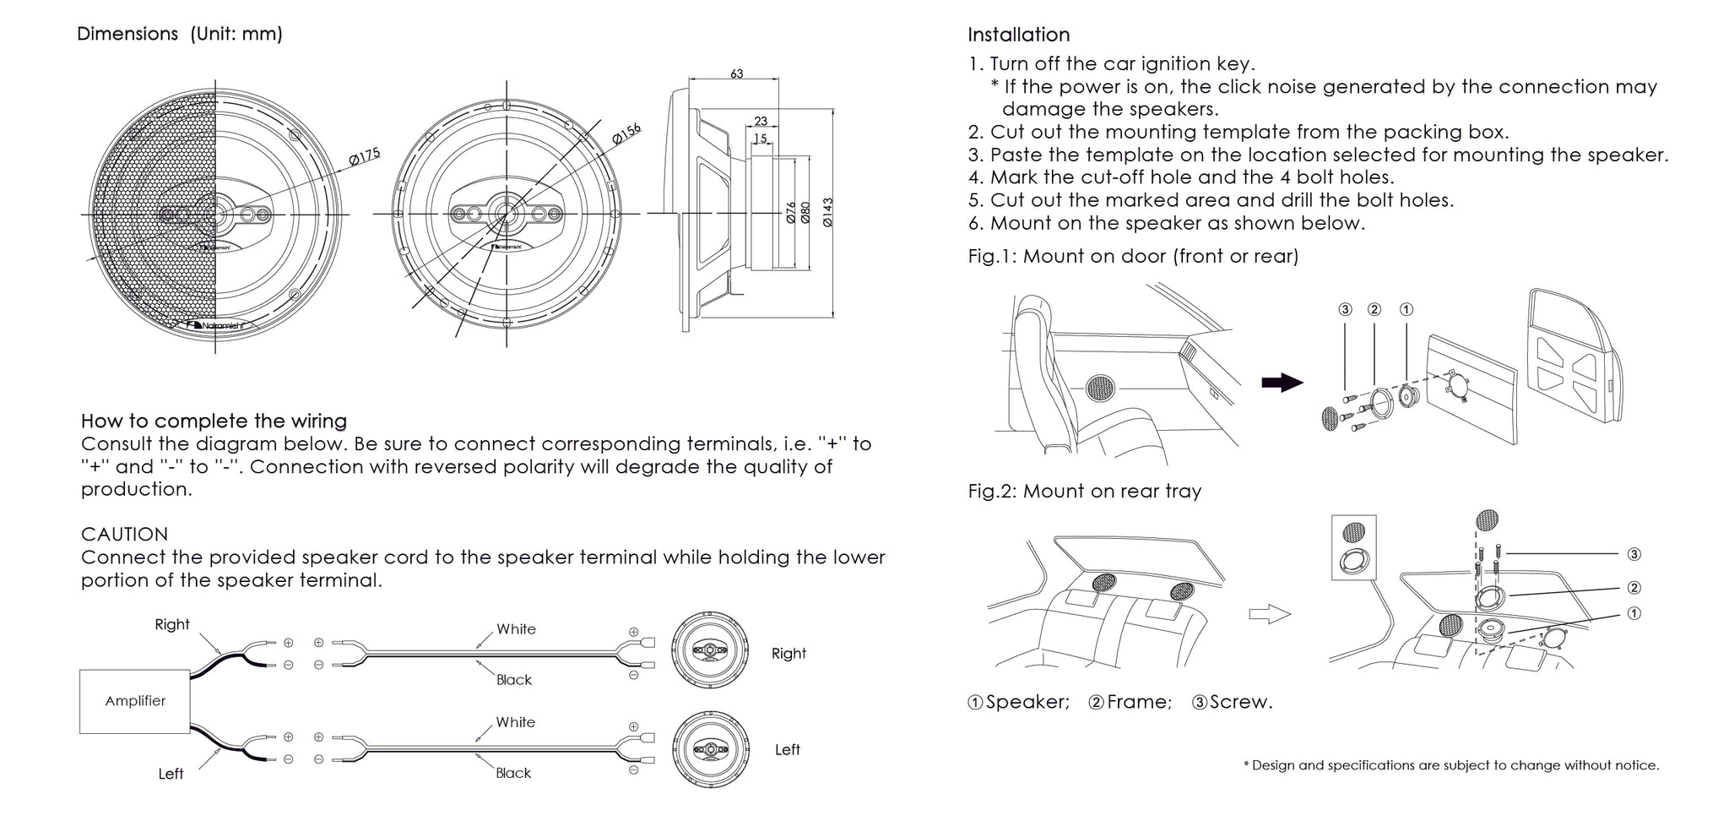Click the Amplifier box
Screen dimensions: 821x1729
coord(135,701)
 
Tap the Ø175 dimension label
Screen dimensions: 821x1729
coord(364,157)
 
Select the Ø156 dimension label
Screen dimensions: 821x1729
coord(626,133)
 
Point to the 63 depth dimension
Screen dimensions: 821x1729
coord(736,74)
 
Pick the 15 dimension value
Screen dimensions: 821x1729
coord(761,139)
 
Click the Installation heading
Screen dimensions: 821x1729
coord(1018,35)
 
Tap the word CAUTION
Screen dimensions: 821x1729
coord(124,534)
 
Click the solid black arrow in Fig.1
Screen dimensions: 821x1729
coord(1282,383)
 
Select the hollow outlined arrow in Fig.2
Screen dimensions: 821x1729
coord(1269,615)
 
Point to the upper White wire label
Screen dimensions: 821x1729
coord(516,629)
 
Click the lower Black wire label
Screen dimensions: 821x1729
coord(513,773)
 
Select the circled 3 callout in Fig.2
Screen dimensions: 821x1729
coord(1634,554)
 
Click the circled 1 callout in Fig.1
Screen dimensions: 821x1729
coord(1406,310)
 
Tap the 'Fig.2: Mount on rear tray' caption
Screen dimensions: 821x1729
coord(1084,492)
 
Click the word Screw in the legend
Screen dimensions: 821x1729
coord(1240,702)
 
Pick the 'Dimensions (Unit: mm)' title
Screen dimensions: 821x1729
coord(180,34)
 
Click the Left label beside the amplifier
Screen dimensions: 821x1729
coord(171,774)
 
